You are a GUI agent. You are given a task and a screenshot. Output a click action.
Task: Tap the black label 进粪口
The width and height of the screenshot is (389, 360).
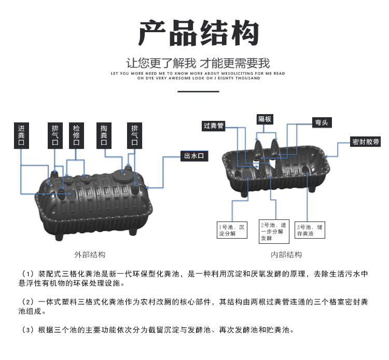(21, 135)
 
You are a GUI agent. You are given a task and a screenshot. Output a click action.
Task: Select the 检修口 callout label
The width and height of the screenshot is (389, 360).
(77, 135)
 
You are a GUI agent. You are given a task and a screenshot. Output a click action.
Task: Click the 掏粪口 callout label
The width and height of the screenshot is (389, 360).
(104, 135)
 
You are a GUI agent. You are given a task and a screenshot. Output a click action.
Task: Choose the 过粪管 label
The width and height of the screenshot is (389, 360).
(214, 126)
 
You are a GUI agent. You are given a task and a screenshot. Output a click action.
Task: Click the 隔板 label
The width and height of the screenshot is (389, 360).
(265, 119)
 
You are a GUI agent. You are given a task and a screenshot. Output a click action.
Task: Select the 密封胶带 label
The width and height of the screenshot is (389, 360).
(365, 142)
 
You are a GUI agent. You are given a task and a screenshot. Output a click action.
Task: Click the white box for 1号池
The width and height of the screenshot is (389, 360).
(231, 230)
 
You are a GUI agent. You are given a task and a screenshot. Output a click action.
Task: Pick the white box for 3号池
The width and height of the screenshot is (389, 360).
(310, 230)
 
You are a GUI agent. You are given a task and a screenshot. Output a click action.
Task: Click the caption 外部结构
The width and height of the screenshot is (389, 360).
(90, 255)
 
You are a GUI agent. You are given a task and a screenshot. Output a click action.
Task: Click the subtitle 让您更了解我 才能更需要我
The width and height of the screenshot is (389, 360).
(199, 64)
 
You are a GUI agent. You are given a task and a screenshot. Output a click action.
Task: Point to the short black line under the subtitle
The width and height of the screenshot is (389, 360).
(199, 91)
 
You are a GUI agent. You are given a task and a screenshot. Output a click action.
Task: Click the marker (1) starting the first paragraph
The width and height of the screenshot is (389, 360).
(27, 273)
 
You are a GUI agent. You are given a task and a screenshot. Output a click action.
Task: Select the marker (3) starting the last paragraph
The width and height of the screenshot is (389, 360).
(27, 329)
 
